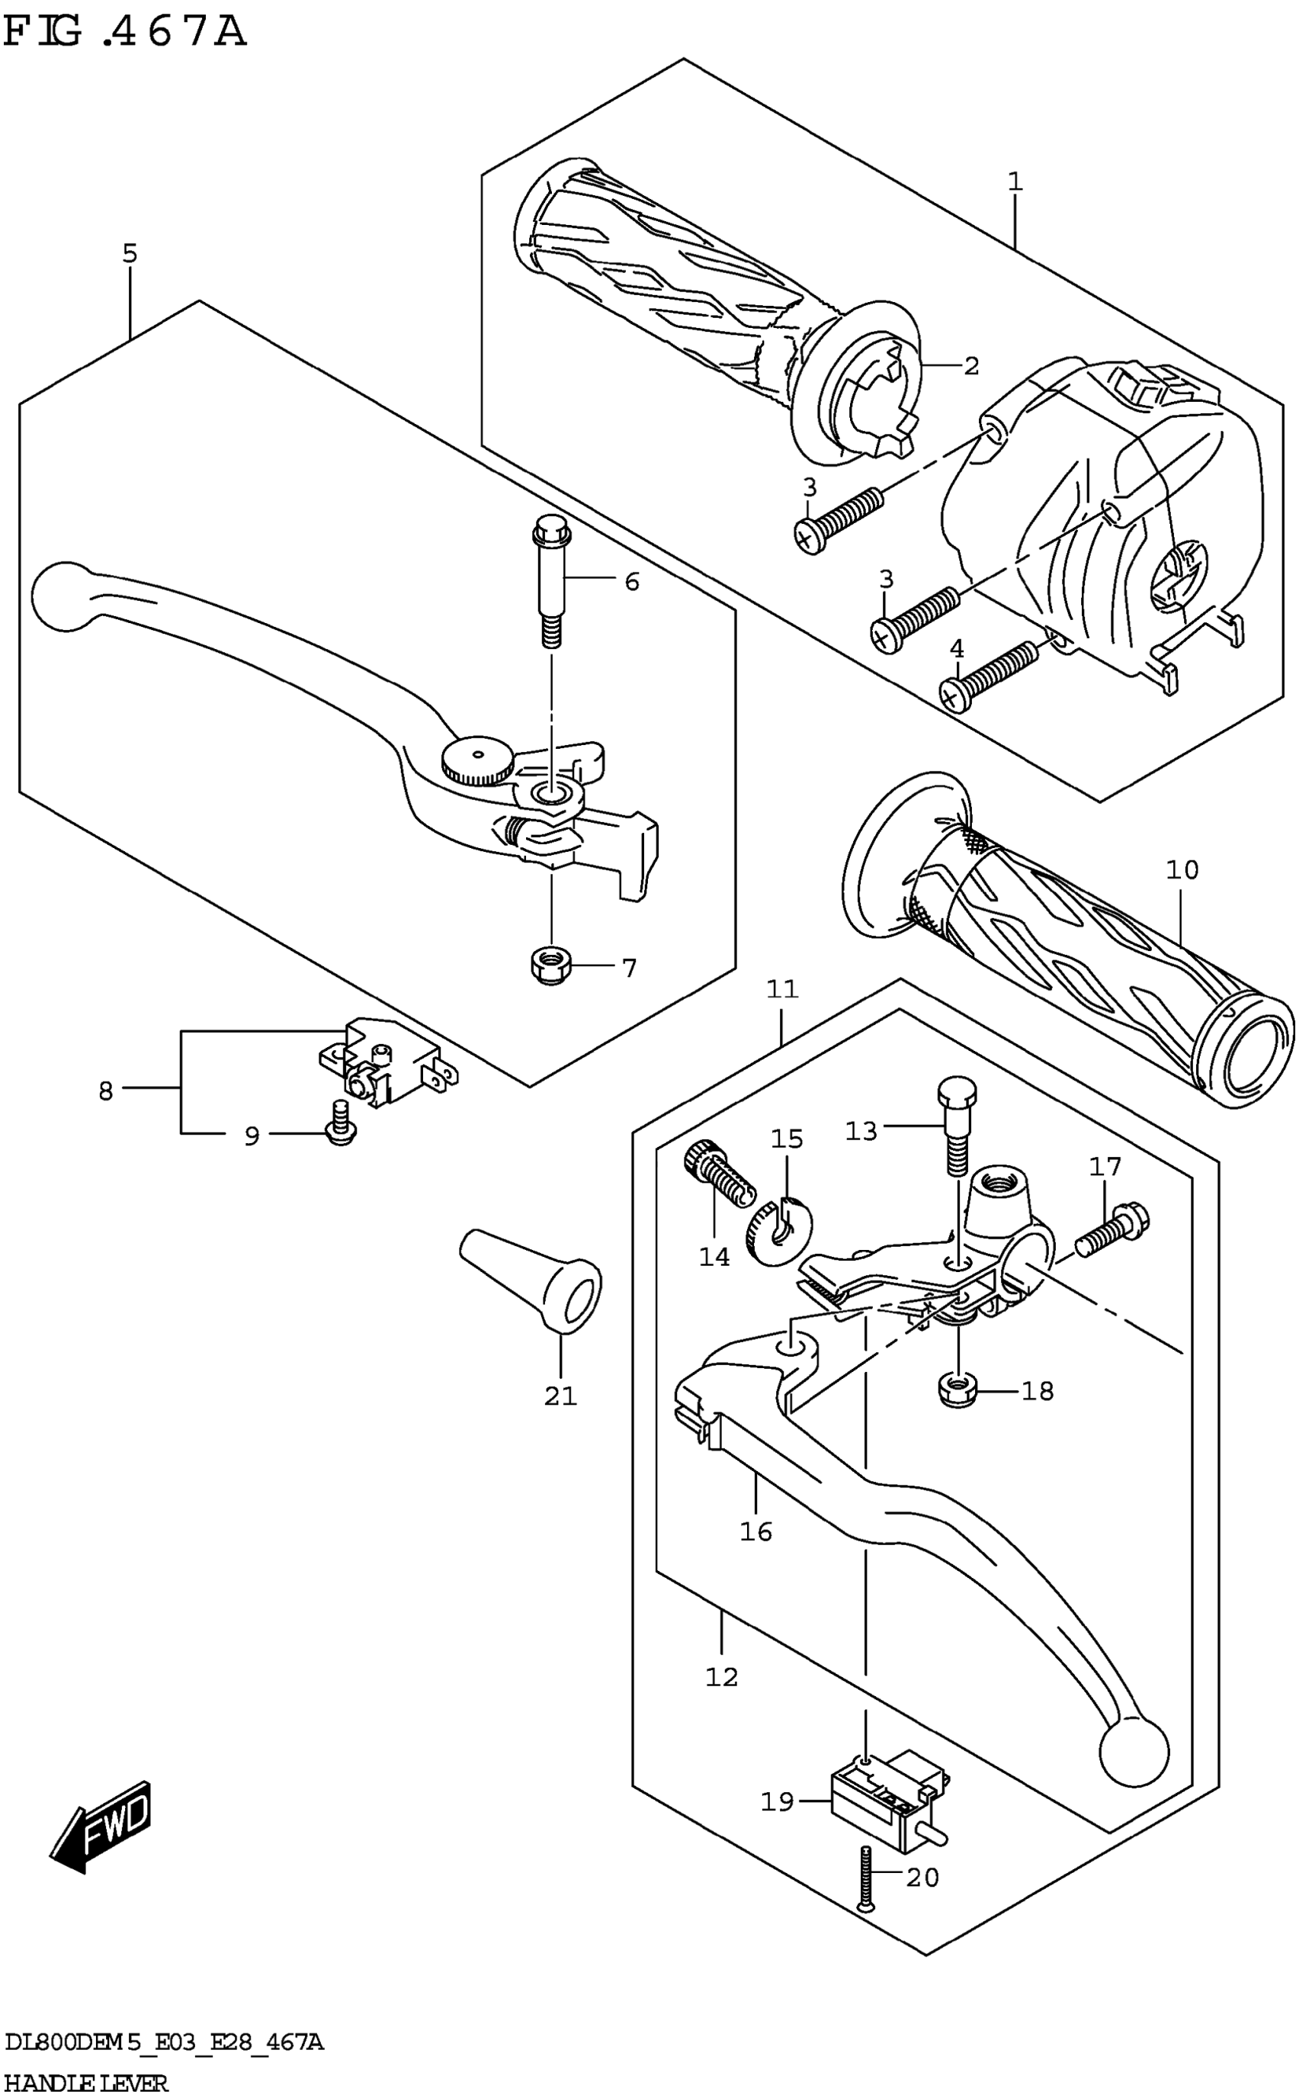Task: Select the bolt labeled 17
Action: tap(1112, 1230)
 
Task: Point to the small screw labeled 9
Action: tap(340, 1124)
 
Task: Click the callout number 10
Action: tap(1182, 869)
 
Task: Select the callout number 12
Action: tap(722, 1676)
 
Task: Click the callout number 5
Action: tap(130, 253)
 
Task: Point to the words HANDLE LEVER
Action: tap(85, 2083)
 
